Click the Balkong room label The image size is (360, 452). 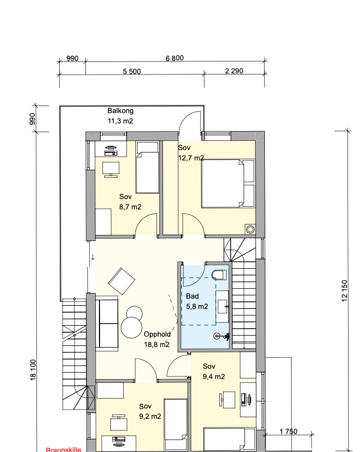point(121,111)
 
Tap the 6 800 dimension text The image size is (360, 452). point(175,58)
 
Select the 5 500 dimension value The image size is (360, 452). point(132,71)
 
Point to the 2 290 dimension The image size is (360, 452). point(234,71)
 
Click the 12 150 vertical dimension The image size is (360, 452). point(344,291)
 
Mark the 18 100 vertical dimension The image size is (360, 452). point(33,370)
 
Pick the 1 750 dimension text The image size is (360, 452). point(288,431)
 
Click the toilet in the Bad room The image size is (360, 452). point(219,275)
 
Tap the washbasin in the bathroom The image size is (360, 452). point(222,306)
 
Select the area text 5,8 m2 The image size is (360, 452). point(197,306)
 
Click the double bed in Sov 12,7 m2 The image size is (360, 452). point(228,183)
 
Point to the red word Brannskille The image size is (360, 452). point(64,449)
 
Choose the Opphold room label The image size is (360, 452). point(157,334)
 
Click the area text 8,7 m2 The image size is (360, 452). point(131,207)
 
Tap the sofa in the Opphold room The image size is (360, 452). point(107,323)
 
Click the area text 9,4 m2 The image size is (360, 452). point(214,377)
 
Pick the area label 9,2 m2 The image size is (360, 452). point(150,417)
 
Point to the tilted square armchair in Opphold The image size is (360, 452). point(121,281)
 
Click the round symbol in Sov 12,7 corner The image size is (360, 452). point(250,230)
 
